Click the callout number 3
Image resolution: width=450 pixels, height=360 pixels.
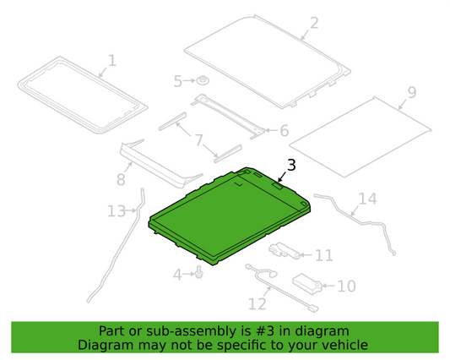click(291, 166)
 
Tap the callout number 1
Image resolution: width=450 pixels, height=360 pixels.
click(111, 61)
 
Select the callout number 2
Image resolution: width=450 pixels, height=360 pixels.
click(314, 23)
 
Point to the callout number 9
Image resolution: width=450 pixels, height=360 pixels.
click(411, 92)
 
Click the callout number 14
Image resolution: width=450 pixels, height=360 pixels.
click(368, 199)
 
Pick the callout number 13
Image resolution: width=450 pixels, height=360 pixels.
click(117, 211)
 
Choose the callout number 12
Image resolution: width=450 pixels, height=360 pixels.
click(258, 304)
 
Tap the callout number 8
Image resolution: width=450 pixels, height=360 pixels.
click(121, 179)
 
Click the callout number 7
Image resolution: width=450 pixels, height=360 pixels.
click(199, 140)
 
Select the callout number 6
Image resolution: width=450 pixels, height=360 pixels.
click(285, 131)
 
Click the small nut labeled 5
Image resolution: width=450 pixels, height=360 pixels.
click(203, 81)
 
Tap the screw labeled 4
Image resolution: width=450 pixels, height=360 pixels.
click(198, 272)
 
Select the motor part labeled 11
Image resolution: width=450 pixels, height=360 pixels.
click(285, 251)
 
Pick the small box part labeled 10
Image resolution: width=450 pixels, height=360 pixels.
click(307, 285)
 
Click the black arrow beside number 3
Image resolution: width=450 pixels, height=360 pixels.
click(282, 177)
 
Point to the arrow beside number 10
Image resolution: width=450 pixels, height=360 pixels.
click(329, 286)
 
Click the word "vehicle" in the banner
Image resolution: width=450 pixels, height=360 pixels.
click(348, 345)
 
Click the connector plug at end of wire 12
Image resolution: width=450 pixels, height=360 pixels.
click(313, 308)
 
